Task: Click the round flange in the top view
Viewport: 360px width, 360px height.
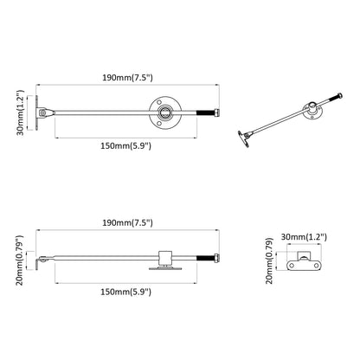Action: click(161, 112)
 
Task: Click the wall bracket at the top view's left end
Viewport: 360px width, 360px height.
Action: click(41, 112)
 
